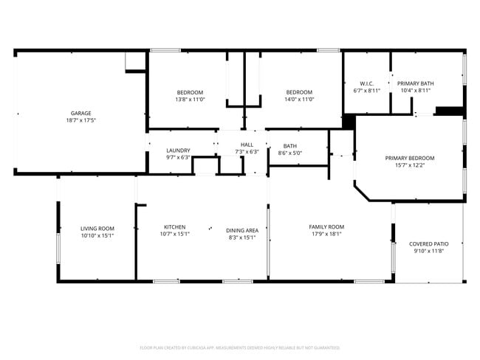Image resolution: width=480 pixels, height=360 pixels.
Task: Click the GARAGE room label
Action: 80,113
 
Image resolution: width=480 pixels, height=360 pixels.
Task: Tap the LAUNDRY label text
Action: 178,150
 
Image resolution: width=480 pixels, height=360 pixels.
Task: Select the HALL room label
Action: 247,145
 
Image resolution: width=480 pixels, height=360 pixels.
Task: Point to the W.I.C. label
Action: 367,83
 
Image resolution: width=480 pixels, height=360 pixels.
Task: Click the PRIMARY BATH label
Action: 416,83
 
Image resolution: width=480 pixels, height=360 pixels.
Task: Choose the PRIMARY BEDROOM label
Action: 410,158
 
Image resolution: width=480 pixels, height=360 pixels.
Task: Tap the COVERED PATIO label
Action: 428,243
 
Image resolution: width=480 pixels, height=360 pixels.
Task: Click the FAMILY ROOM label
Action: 326,226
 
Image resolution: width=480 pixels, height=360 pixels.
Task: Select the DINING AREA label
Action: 241,230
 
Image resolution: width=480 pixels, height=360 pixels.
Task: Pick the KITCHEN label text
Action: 174,226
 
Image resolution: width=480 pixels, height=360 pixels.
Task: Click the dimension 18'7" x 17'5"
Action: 80,120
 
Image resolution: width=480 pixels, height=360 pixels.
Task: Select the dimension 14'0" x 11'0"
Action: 300,100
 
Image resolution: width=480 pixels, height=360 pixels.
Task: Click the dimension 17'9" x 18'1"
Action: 326,234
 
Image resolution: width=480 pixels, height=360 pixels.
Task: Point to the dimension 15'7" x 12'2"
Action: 410,165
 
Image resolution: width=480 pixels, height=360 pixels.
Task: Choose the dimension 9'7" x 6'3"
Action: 178,157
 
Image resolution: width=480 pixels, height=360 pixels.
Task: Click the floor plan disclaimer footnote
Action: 240,347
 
